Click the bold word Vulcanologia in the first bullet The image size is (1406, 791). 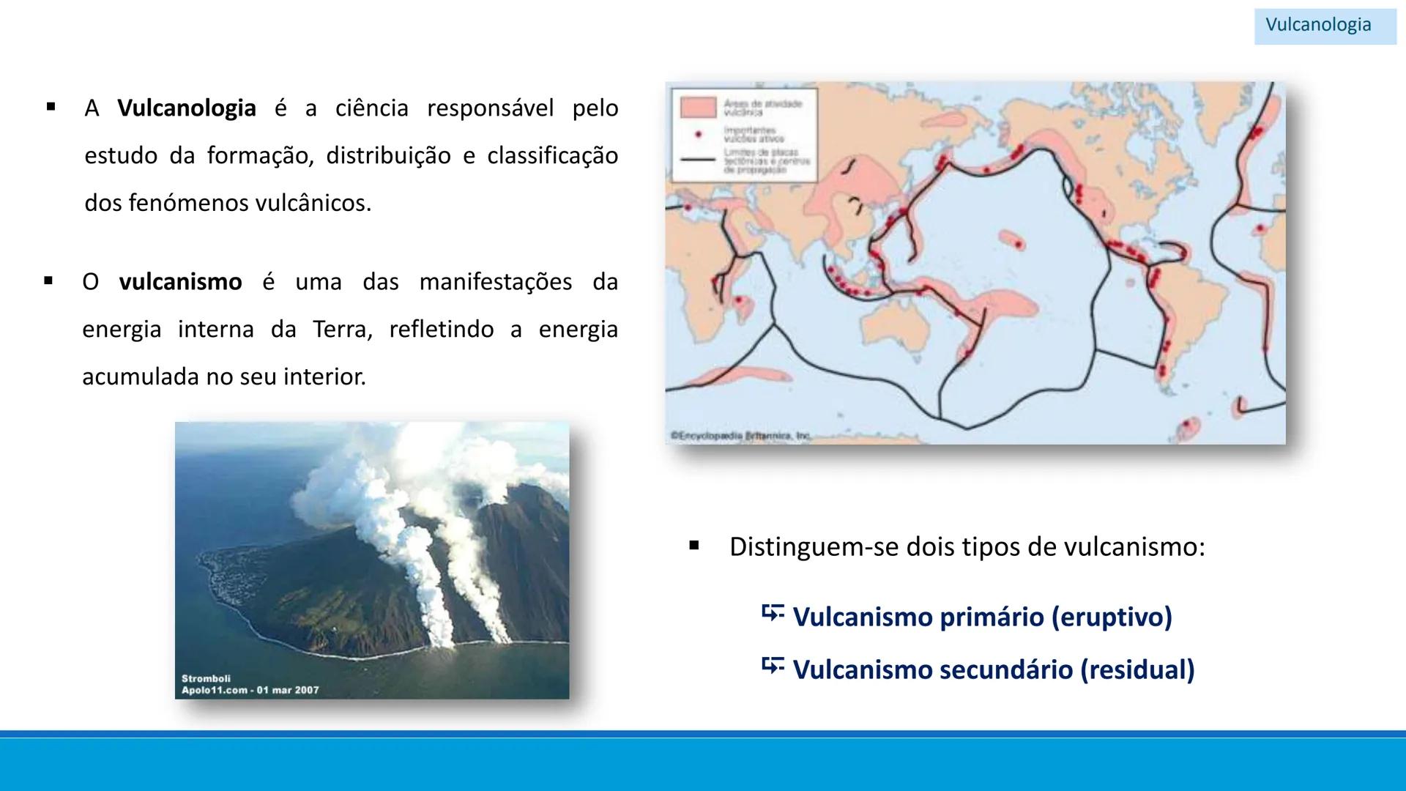[x=187, y=108]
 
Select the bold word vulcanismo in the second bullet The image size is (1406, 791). [x=180, y=282]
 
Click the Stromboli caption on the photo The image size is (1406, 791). [x=206, y=678]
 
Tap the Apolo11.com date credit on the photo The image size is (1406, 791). [x=250, y=690]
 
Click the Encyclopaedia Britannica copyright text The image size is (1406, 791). [x=740, y=436]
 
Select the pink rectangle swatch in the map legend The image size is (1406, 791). [x=697, y=108]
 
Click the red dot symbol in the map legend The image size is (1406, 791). [x=698, y=135]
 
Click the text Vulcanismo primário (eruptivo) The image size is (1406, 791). [x=982, y=617]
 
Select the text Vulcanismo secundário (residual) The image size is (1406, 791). [x=993, y=669]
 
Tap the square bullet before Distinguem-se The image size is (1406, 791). [x=694, y=546]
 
